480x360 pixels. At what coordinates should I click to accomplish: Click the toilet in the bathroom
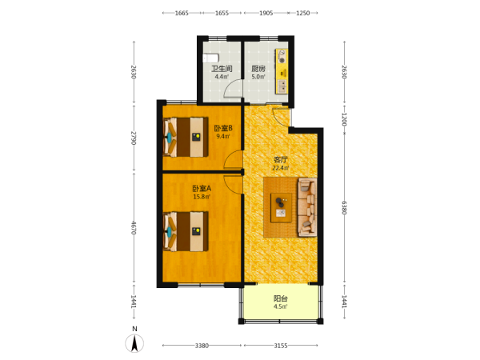pos(210,58)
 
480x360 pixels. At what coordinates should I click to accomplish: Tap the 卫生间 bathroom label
pos(222,69)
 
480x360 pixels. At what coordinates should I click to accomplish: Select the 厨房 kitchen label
pos(258,69)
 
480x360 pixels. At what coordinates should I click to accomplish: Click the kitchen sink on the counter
pos(282,86)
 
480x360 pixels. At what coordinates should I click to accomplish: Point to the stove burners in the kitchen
pos(282,57)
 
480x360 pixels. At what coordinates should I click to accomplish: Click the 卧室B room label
pos(223,128)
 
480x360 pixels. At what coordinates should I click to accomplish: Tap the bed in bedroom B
pos(186,137)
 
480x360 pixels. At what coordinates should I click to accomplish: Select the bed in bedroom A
pos(186,231)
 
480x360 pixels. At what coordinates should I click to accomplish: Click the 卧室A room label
pos(202,189)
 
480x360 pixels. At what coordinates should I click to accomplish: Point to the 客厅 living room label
pos(281,159)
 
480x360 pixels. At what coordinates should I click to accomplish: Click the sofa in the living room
pos(307,207)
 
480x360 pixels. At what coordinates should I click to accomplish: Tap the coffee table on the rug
pos(281,207)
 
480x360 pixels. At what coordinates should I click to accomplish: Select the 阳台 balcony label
pos(281,298)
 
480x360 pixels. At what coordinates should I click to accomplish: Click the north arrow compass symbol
pos(134,343)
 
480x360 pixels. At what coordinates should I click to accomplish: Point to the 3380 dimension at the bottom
pos(202,346)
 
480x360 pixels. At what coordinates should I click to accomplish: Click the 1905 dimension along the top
pos(266,13)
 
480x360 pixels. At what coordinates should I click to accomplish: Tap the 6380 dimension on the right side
pos(344,207)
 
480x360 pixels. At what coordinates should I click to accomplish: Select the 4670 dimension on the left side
pos(134,228)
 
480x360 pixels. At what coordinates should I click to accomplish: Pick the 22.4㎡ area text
pos(281,168)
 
